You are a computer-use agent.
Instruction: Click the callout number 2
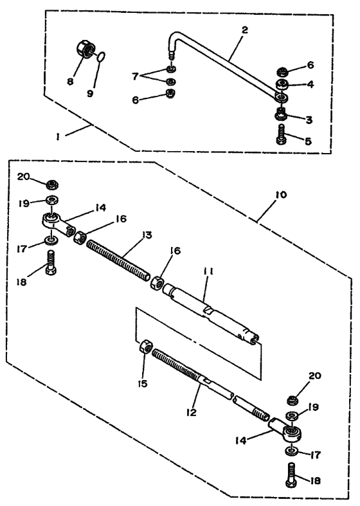point(245,30)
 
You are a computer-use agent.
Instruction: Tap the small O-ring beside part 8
point(100,56)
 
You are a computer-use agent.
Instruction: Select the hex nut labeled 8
point(84,49)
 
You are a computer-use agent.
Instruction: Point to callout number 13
point(147,235)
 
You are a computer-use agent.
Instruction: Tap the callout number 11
point(208,272)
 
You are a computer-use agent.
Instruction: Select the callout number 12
point(192,412)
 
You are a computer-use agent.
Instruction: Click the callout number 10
point(281,195)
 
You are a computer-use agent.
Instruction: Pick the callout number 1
point(58,136)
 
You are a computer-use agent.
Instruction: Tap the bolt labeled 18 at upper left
point(51,263)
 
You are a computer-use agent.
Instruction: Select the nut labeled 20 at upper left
point(51,185)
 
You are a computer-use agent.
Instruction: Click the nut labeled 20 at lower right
point(292,400)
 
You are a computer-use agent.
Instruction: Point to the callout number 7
point(136,76)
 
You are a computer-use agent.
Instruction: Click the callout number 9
point(90,93)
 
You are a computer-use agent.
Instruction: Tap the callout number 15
point(142,384)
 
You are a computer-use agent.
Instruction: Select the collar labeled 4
point(283,85)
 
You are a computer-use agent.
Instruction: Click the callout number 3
point(309,120)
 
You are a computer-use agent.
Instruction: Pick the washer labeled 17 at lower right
point(292,451)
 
